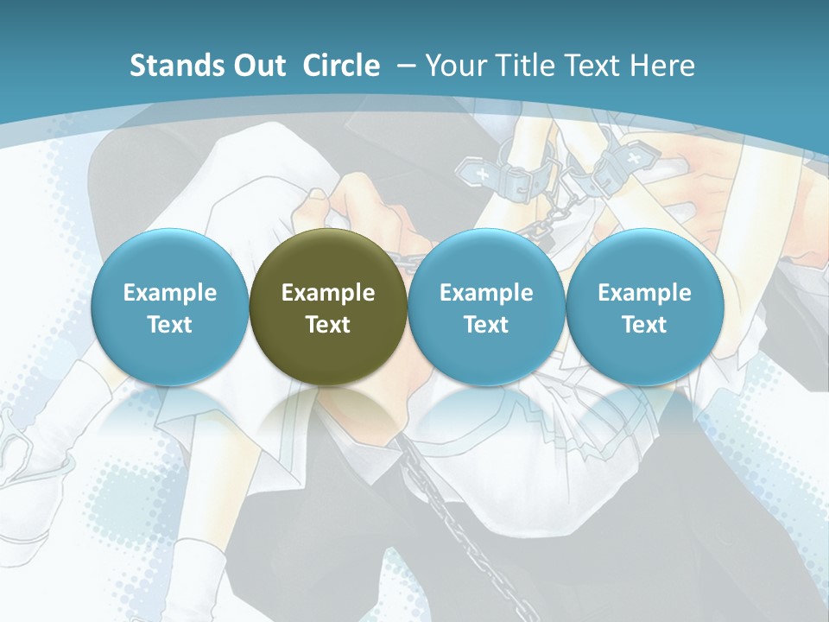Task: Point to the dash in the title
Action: click(403, 66)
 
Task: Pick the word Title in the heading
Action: click(522, 66)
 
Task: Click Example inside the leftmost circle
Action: click(170, 293)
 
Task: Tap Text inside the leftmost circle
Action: click(170, 325)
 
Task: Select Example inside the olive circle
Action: click(328, 293)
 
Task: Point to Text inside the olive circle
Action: click(328, 325)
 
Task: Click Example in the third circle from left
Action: click(486, 293)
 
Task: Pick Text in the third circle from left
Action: click(486, 325)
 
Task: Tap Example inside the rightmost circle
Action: click(644, 293)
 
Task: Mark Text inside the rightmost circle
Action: click(644, 325)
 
